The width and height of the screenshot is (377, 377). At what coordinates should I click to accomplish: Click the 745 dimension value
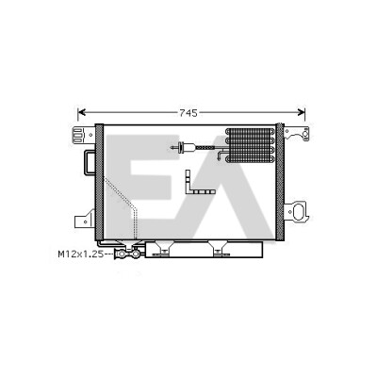(188, 113)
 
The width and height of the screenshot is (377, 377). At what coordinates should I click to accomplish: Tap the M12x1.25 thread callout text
(81, 254)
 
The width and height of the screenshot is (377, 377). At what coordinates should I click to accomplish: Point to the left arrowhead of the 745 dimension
(81, 112)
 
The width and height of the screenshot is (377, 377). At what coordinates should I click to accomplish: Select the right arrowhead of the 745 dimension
(302, 112)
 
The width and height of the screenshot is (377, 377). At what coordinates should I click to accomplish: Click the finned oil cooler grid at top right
(250, 145)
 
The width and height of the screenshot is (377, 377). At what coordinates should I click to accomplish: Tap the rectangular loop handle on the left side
(90, 162)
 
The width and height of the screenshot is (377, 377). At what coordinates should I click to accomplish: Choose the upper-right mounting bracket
(297, 134)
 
